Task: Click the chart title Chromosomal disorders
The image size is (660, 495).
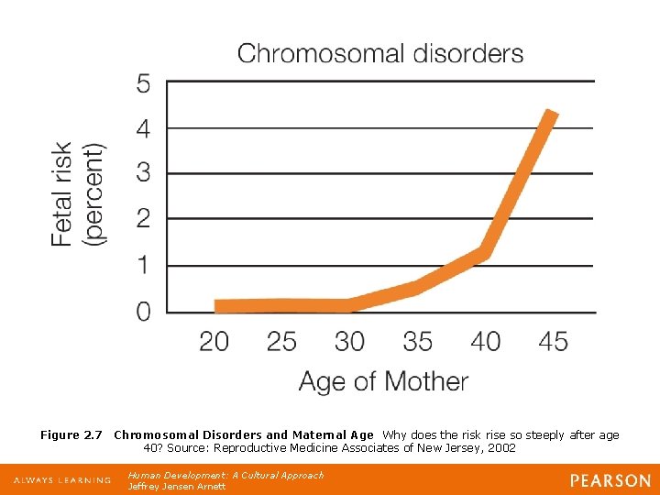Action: click(380, 53)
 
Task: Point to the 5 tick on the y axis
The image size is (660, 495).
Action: click(144, 83)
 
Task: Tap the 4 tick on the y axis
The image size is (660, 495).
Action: click(144, 128)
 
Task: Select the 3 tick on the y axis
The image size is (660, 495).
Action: click(144, 172)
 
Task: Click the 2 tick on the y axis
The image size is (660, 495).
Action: click(144, 218)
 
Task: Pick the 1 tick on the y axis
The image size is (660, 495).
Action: click(144, 265)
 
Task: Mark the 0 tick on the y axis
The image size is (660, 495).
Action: click(144, 312)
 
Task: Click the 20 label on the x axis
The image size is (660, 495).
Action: click(214, 342)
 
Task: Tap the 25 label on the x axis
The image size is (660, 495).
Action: click(281, 342)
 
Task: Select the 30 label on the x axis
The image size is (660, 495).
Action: click(349, 342)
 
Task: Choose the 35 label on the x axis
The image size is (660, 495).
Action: click(417, 342)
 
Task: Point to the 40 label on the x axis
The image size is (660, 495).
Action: click(485, 342)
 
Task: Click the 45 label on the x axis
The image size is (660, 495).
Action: click(553, 342)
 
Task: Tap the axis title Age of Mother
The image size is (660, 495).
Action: click(383, 381)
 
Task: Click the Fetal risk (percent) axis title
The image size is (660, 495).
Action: click(77, 192)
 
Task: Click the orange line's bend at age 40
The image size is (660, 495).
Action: click(486, 252)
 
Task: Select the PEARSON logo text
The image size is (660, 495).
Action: click(610, 480)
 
